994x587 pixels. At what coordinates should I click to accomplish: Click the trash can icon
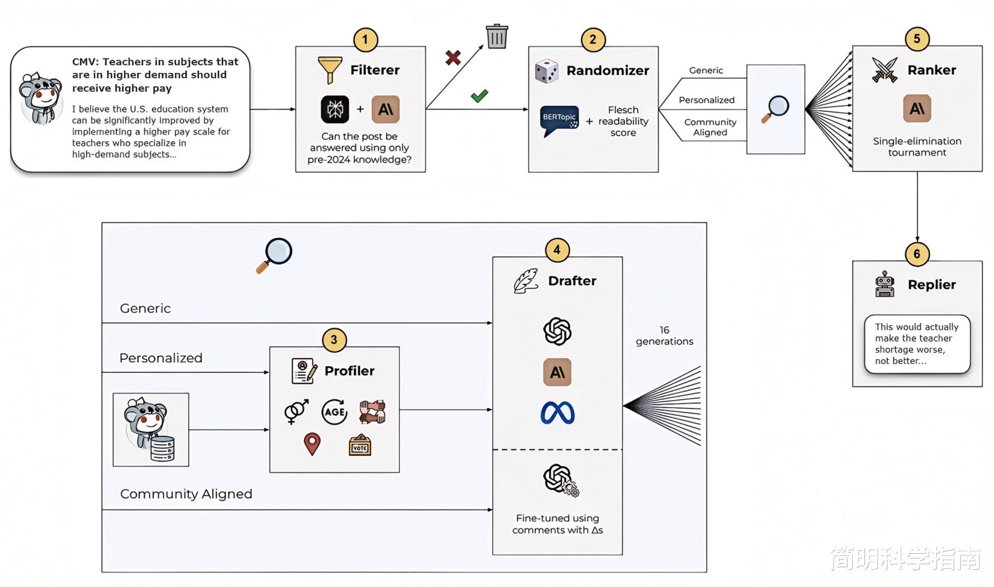[497, 36]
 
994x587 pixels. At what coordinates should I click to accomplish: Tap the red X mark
[453, 57]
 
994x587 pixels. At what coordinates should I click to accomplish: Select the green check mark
[479, 96]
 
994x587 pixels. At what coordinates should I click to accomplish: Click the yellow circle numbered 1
[366, 39]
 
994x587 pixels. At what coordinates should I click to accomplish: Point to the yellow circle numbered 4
[557, 250]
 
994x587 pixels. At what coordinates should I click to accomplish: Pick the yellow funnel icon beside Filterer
[330, 70]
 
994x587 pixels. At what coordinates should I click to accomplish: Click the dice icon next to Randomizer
[547, 70]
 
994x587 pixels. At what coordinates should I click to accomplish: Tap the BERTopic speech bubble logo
[559, 121]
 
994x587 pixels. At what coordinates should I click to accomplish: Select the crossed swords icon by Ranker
[884, 70]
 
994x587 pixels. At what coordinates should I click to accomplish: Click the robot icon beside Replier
[885, 284]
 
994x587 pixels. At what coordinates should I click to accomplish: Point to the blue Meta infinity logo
[558, 413]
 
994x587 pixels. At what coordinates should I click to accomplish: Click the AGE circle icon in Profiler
[334, 412]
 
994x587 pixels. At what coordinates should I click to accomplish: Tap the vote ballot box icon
[360, 445]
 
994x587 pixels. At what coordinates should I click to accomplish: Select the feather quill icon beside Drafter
[526, 281]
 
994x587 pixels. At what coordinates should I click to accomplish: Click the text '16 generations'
[665, 335]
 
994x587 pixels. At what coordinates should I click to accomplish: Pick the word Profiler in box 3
[349, 371]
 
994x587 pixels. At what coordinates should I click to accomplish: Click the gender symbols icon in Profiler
[297, 412]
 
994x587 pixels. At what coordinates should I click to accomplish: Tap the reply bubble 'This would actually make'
[917, 344]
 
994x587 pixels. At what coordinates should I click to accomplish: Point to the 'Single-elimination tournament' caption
[917, 146]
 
